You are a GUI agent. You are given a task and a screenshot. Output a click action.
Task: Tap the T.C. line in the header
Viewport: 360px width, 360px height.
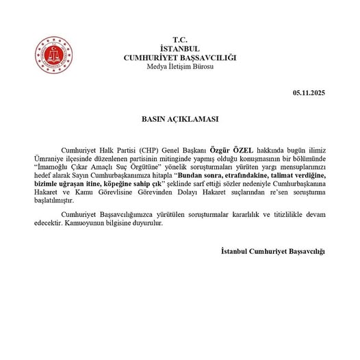coord(179,41)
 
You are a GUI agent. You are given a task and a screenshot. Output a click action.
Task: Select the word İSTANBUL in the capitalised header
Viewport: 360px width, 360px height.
coord(179,49)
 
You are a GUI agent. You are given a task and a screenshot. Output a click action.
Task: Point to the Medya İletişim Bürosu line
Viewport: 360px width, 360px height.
coord(179,66)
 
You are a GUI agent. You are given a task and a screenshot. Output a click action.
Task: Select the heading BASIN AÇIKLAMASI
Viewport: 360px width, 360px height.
coord(179,118)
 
